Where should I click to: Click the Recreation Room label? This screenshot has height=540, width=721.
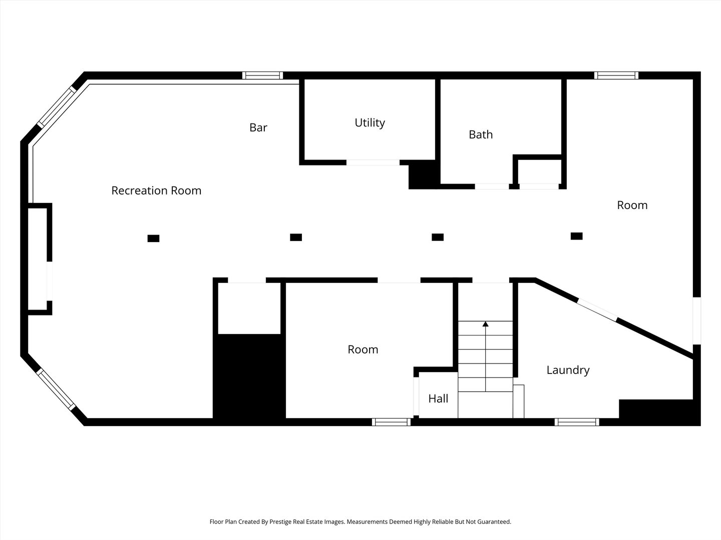156,190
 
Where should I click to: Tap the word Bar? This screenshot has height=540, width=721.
258,127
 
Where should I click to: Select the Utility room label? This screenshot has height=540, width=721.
370,123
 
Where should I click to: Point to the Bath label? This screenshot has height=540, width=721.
481,134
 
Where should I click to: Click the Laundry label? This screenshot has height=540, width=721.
568,370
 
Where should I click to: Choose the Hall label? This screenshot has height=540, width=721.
438,398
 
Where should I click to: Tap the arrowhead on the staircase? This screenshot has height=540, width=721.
486,324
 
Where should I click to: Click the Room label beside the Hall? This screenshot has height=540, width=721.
363,349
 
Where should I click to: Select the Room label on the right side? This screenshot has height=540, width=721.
632,205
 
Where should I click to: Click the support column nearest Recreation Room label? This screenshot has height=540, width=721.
153,238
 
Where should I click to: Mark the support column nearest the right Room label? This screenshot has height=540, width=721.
577,236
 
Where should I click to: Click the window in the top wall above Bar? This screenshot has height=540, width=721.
262,75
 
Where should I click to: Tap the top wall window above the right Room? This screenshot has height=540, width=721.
616,75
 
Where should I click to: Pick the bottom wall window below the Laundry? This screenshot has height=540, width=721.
577,422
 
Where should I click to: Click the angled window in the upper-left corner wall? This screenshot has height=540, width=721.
57,107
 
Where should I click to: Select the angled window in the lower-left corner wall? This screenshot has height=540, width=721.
56,389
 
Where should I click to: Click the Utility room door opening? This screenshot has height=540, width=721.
373,162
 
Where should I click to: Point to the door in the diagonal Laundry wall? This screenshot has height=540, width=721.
597,310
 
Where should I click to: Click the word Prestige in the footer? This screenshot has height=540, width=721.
281,521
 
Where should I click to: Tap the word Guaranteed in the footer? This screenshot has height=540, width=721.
494,521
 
